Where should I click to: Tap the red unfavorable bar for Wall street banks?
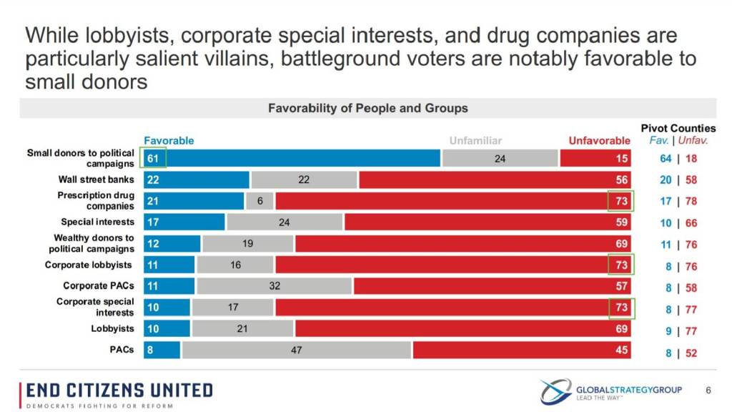486,180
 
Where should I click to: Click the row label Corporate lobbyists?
89,265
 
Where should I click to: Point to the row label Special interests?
98,222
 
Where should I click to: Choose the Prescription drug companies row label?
96,200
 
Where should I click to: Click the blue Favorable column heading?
169,141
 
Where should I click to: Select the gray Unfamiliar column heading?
475,141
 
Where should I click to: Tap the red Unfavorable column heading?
599,141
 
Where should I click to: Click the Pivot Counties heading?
678,128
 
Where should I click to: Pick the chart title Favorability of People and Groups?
367,108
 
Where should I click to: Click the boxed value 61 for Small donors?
154,158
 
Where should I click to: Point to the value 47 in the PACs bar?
295,350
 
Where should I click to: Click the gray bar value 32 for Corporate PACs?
274,286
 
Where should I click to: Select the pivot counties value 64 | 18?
678,159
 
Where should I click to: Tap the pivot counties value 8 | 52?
678,352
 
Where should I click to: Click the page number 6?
708,390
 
